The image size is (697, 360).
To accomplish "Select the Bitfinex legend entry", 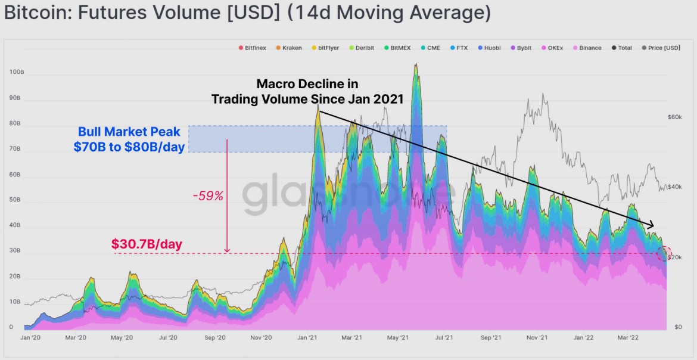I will (x=255, y=48).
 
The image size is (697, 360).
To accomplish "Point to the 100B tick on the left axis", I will (x=15, y=72).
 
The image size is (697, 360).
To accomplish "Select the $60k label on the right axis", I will (x=674, y=117).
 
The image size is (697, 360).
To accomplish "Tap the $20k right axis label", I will (x=674, y=257).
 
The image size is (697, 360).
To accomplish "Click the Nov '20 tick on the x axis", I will (x=260, y=338).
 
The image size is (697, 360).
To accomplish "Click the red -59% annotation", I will (x=208, y=195).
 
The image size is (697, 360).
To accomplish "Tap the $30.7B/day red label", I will (x=147, y=244).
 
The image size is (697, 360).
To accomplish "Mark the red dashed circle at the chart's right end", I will (x=664, y=253).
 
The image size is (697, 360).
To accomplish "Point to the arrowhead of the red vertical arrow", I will (x=227, y=250).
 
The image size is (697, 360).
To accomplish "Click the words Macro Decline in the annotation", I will (x=307, y=84).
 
